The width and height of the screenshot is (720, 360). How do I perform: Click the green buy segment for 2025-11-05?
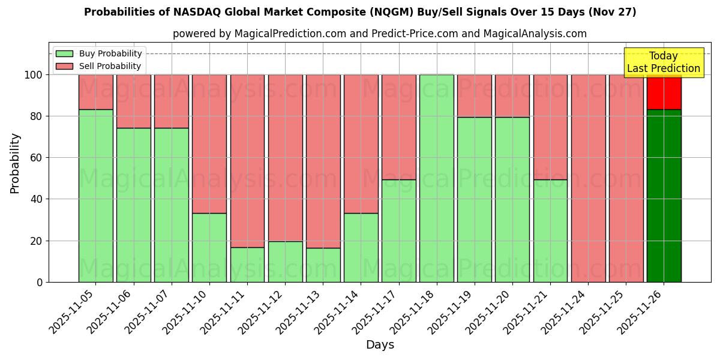[95, 196]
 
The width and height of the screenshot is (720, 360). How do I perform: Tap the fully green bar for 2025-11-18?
[436, 178]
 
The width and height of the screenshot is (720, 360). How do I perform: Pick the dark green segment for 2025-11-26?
[664, 196]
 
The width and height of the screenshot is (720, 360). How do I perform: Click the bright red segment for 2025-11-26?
[664, 92]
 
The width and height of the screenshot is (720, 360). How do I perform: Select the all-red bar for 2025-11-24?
[588, 178]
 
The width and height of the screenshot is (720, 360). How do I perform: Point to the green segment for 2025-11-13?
[323, 265]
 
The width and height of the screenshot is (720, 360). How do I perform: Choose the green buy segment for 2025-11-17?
[398, 230]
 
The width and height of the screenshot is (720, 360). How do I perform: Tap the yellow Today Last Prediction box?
[664, 62]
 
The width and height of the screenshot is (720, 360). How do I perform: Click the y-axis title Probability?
[15, 163]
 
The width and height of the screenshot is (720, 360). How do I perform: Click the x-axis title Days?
[380, 345]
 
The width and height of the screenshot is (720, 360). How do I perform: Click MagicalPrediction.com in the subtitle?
[289, 34]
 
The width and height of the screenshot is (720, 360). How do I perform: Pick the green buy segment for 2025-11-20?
[512, 199]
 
